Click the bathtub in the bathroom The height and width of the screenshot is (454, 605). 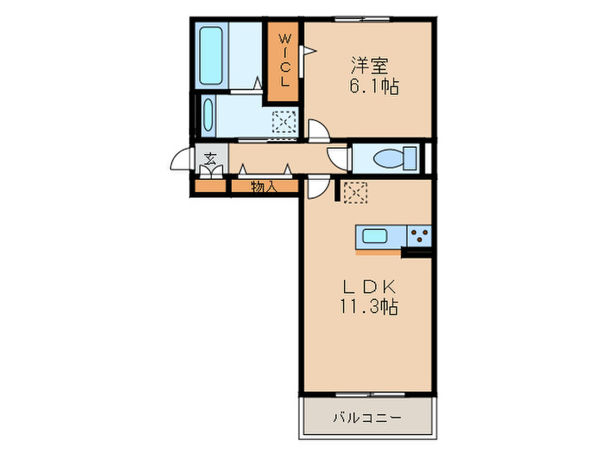click(x=212, y=55)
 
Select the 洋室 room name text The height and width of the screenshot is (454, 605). click(x=368, y=64)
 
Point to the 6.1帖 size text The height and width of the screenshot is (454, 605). click(x=374, y=86)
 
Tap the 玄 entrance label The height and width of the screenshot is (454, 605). click(x=211, y=159)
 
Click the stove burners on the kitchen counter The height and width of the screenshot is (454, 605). click(x=419, y=236)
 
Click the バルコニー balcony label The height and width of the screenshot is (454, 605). click(x=366, y=419)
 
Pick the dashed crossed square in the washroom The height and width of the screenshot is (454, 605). click(x=284, y=124)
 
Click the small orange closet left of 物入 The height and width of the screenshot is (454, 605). click(x=210, y=186)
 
